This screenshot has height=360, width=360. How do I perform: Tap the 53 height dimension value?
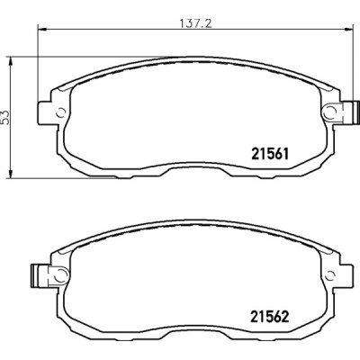coord(5,115)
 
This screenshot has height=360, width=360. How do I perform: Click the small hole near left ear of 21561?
coord(59,112)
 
